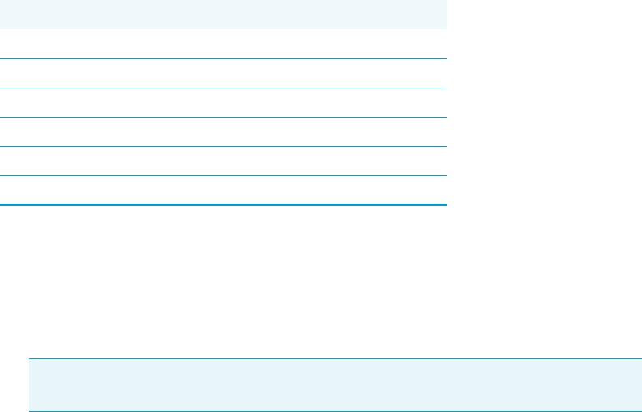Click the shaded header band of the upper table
223,15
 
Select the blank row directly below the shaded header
223,44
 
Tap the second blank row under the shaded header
223,73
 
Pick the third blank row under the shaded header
223,102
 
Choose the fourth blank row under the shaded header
223,131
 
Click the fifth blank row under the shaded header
223,161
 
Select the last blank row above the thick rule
223,190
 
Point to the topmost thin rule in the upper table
223,58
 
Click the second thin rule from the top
223,88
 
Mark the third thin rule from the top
223,117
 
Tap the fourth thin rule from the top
223,146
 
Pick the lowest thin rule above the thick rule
223,175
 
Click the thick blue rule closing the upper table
223,204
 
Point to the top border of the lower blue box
336,359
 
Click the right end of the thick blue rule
445,204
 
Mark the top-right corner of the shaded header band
446,1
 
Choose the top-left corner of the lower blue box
30,359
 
